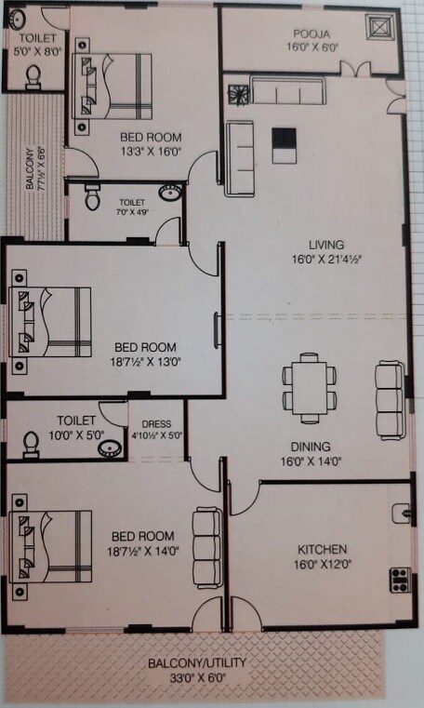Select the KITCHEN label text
click(322, 549)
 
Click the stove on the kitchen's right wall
click(401, 578)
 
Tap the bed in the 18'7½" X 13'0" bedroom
click(51, 322)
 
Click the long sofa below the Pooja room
click(285, 91)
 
